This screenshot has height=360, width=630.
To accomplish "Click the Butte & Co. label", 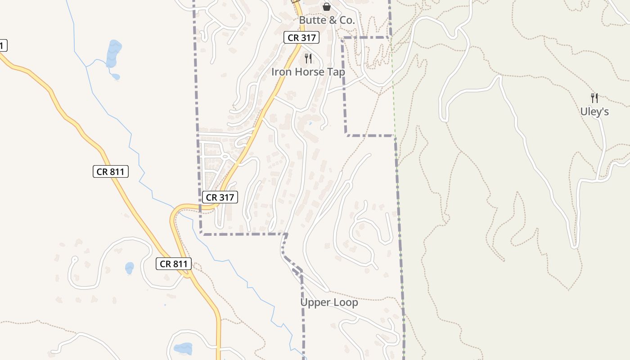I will [327, 20].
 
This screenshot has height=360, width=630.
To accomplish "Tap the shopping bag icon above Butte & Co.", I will [327, 7].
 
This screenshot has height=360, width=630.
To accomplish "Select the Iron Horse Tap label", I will [308, 72].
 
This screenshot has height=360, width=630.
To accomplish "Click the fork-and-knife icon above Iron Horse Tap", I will [308, 58].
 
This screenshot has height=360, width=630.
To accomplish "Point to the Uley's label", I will [594, 112].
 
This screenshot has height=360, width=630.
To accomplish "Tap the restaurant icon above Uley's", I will [594, 98].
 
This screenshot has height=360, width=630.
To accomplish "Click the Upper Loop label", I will [329, 302].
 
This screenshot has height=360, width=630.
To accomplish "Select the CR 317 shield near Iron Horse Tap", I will [301, 38].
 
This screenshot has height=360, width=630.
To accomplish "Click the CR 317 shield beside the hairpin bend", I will [220, 197].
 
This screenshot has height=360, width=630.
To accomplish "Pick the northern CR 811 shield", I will [111, 171].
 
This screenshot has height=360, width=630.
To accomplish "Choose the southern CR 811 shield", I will [174, 264].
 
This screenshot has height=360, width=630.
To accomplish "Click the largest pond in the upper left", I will [113, 53].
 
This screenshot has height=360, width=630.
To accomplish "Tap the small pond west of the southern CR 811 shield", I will [129, 268].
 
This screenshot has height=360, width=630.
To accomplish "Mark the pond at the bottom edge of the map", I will [183, 348].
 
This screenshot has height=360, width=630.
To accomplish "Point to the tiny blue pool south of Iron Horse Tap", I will [310, 123].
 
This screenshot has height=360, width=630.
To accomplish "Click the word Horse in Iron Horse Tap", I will [309, 72].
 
